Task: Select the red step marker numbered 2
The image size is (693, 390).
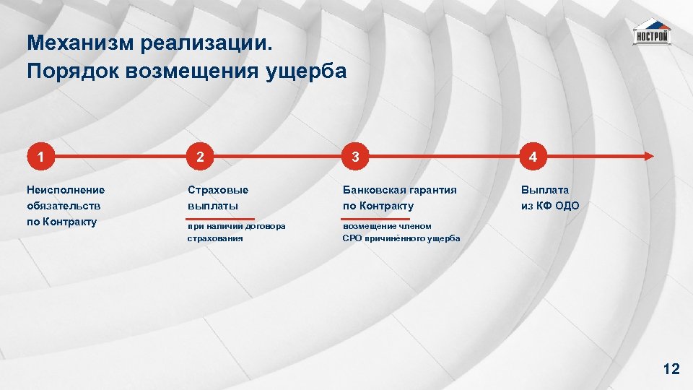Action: [x=200, y=156]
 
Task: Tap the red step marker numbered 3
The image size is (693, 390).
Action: [x=355, y=156]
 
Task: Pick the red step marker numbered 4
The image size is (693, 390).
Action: [x=532, y=156]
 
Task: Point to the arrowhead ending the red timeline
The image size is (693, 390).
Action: [x=649, y=156]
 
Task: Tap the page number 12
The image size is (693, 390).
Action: [x=671, y=370]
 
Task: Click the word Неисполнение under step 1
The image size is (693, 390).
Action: [x=66, y=190]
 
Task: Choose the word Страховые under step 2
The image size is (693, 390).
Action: [x=217, y=190]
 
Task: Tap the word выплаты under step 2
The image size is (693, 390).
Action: [x=213, y=206]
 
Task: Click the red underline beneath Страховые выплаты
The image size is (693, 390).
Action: [x=221, y=218]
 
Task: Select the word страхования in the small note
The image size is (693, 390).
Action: [x=215, y=238]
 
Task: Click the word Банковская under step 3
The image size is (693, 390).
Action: [x=375, y=190]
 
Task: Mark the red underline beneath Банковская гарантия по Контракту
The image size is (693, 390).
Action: [x=376, y=218]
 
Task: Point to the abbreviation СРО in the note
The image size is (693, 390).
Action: [x=352, y=238]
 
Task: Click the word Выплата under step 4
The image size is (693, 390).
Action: [x=545, y=190]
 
